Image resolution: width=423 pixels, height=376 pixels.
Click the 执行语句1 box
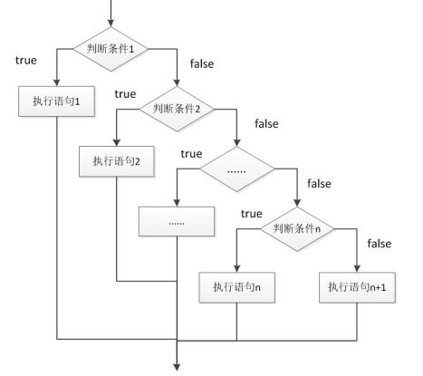[55, 101]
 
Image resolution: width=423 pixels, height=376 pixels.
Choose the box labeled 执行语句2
[117, 160]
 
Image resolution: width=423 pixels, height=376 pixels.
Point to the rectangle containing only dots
[176, 221]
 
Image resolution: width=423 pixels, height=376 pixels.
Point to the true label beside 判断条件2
[126, 92]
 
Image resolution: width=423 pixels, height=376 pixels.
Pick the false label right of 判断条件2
[266, 122]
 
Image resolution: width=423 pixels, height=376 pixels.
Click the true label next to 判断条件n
[252, 214]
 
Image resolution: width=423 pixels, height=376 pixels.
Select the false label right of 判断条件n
[378, 245]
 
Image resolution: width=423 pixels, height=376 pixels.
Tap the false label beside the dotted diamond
[320, 183]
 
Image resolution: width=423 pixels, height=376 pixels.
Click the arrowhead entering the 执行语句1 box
[55, 83]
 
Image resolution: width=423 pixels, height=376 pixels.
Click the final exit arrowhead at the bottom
[178, 366]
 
